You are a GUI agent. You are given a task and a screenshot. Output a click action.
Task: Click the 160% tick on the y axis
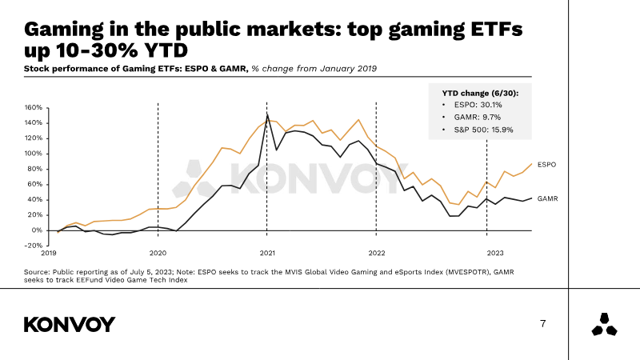[x=34, y=107]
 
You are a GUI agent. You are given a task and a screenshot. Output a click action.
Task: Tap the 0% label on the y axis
[x=37, y=230]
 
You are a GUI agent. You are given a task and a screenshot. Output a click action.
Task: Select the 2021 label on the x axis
[x=267, y=253]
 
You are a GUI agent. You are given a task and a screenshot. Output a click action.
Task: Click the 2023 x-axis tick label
[x=496, y=253]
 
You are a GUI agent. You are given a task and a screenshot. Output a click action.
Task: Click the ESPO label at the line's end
[x=546, y=164]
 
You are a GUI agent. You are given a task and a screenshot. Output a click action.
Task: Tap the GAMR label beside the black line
[x=547, y=198]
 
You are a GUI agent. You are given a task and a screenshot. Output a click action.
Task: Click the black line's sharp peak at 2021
[x=266, y=115]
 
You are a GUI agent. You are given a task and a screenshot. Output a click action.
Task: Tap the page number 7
[x=543, y=324]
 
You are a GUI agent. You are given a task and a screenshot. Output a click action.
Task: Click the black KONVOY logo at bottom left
[x=70, y=324]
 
